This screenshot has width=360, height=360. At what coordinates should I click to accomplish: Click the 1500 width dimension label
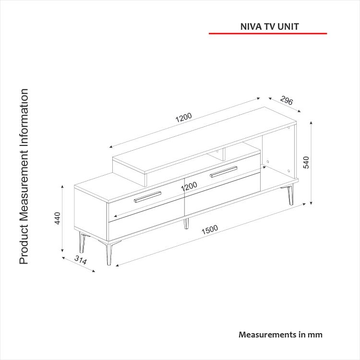[x=210, y=229]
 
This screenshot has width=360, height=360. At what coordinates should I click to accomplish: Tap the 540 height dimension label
[x=306, y=162]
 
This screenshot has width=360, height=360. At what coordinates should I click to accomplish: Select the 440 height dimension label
[x=58, y=218]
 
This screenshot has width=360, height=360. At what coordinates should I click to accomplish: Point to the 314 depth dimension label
[x=81, y=260]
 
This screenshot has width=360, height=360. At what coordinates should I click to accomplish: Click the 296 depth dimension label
[x=287, y=100]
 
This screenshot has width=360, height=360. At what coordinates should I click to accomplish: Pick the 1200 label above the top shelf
[x=183, y=118]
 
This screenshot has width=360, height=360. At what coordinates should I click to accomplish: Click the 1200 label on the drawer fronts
[x=189, y=186]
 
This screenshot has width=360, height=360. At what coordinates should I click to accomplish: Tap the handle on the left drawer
[x=148, y=197]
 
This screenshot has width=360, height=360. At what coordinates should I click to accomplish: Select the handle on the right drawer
[x=223, y=172]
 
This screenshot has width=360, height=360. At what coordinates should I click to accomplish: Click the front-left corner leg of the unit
[x=109, y=254]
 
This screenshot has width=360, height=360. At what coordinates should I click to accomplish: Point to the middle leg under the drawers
[x=186, y=223]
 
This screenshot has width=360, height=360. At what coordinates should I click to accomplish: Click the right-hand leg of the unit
[x=291, y=195]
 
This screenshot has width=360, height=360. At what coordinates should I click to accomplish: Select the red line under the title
[x=268, y=34]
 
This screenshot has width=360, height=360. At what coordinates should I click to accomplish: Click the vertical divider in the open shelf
[x=224, y=154]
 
